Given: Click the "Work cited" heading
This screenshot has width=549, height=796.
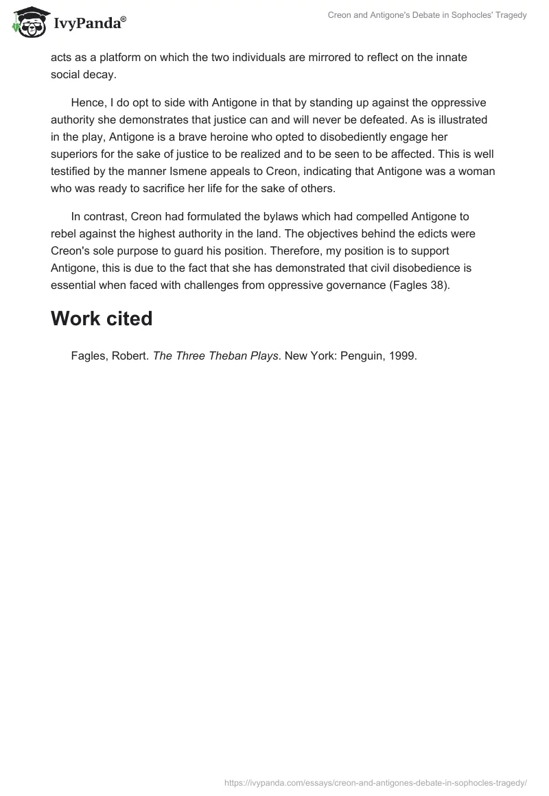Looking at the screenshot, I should (x=101, y=318).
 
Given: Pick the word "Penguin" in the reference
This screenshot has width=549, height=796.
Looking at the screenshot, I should (x=357, y=355).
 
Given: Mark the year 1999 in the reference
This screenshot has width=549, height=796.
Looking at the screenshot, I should (x=401, y=355).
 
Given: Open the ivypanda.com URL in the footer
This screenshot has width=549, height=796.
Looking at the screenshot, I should (x=375, y=782).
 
